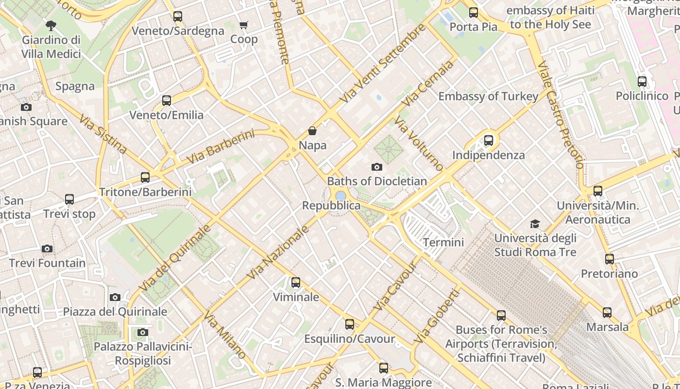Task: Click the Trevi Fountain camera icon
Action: click(47, 248)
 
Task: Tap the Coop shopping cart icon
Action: click(243, 25)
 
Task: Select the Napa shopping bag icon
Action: click(312, 131)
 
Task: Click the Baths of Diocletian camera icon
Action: click(376, 167)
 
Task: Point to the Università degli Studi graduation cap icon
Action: click(535, 224)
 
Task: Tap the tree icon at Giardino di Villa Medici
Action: click(51, 25)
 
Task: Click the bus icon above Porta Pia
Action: click(473, 13)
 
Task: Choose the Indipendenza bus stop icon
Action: click(489, 141)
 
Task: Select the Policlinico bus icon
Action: click(642, 82)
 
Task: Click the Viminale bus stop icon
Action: click(295, 283)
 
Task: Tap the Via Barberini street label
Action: click(220, 147)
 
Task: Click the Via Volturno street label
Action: click(418, 143)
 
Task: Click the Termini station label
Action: click(443, 242)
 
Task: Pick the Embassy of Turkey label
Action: click(488, 96)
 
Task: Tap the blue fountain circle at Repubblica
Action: click(341, 195)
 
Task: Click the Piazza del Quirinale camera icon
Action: click(115, 297)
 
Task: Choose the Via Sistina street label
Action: click(103, 134)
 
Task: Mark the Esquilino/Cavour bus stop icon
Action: click(349, 324)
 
